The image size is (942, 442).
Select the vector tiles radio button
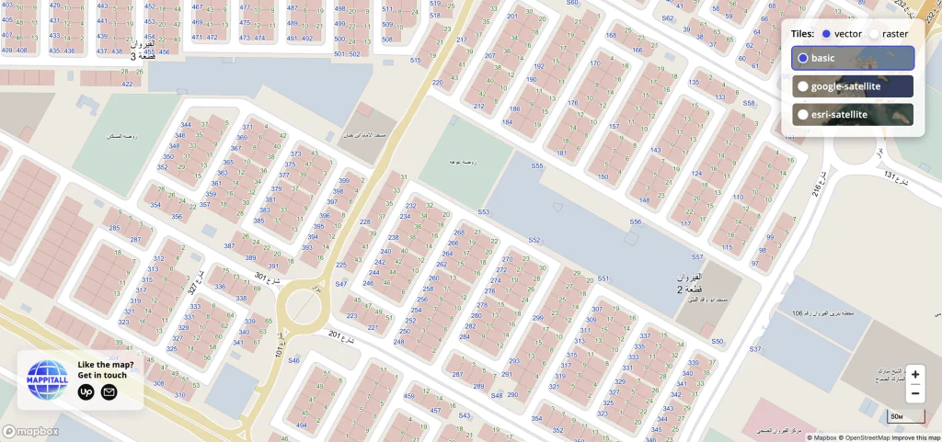[826, 34]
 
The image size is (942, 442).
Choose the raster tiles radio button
[875, 34]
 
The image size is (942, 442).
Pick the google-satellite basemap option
[853, 86]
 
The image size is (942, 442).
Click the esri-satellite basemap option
[853, 115]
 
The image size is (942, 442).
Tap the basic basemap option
[853, 58]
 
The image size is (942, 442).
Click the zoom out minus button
[914, 394]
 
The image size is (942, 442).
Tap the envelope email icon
[109, 392]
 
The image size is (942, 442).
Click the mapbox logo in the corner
[30, 431]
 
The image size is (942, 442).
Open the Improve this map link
[915, 437]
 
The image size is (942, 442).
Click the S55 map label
[537, 166]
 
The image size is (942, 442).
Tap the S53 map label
[483, 212]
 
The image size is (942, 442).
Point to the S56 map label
[635, 222]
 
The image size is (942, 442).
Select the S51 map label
[603, 278]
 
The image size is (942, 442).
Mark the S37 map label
[755, 349]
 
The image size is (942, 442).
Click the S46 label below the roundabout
[293, 360]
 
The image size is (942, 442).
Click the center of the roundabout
[304, 304]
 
